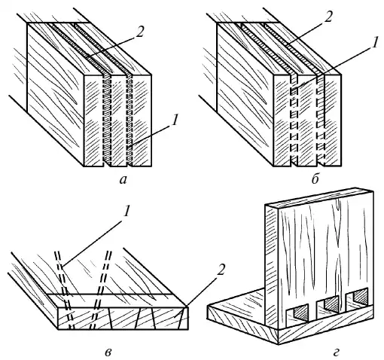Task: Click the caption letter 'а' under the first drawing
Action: (x=123, y=180)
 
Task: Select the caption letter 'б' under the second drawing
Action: (x=315, y=178)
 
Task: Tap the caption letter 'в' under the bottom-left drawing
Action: (x=108, y=352)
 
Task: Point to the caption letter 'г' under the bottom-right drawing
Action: (x=338, y=352)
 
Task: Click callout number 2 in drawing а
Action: (x=139, y=32)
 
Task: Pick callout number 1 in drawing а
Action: (x=175, y=120)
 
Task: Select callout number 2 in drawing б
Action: (x=328, y=17)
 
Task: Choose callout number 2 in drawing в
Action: (x=220, y=270)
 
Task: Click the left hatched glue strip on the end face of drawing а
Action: (x=107, y=120)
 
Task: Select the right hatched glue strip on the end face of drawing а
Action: (x=129, y=120)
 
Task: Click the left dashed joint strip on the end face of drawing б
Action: (x=294, y=120)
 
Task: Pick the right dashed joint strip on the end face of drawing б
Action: (x=321, y=120)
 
